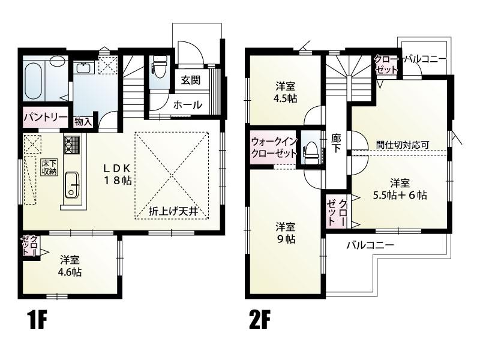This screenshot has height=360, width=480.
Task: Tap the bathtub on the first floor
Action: [33, 81]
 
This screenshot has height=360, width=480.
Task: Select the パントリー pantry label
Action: [46, 117]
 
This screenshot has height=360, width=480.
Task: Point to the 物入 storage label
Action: [83, 122]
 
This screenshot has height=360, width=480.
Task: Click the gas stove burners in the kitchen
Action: [72, 145]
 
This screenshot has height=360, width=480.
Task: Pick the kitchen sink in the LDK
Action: [72, 184]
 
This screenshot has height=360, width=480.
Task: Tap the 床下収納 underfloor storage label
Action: [49, 167]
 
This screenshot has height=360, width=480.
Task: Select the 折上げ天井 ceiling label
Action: [173, 212]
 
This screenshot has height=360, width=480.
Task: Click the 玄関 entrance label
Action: [190, 80]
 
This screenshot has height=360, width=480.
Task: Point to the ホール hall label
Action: [187, 105]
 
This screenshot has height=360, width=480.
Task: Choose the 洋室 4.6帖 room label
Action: [70, 266]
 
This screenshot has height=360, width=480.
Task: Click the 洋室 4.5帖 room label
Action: [286, 92]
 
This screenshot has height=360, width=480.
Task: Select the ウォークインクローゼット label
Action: [274, 147]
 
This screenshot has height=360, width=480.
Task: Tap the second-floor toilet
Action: [311, 151]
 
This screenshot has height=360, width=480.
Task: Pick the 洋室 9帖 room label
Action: [286, 233]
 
